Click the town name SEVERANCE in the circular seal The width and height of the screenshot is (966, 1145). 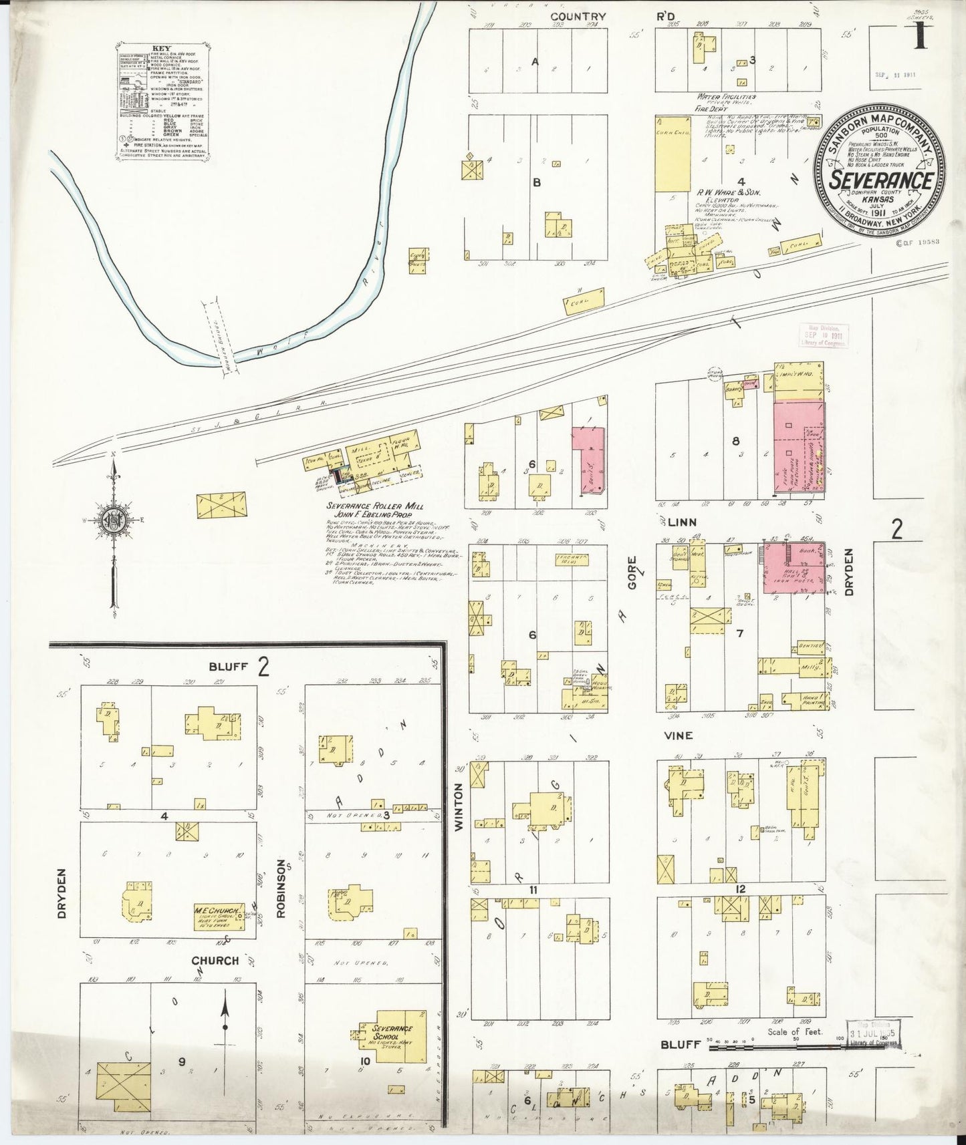tap(882, 180)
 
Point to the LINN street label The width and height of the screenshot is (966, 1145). tap(681, 522)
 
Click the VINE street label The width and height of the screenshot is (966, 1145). tap(679, 735)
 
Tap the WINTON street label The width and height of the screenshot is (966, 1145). tap(459, 797)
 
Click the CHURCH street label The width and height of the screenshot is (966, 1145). tap(215, 961)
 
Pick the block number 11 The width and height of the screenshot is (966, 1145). tap(533, 889)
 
